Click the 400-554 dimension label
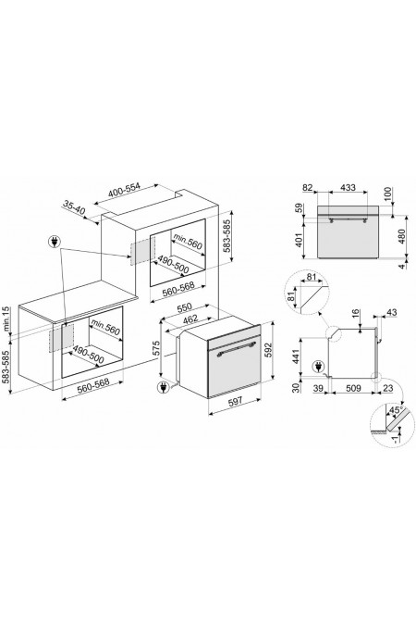click(125, 192)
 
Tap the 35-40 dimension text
click(74, 207)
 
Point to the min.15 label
click(6, 319)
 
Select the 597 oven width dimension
click(235, 402)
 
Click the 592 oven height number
click(268, 349)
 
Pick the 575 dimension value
click(156, 348)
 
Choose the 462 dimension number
click(190, 319)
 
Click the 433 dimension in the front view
click(348, 187)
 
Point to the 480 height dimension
click(401, 237)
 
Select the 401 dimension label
click(300, 240)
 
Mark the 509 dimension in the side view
click(353, 388)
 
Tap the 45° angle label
click(396, 410)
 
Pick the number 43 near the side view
click(392, 313)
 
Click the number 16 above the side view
click(356, 314)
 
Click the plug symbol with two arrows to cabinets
click(54, 242)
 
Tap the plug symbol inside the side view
click(318, 366)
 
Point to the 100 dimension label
click(388, 194)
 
